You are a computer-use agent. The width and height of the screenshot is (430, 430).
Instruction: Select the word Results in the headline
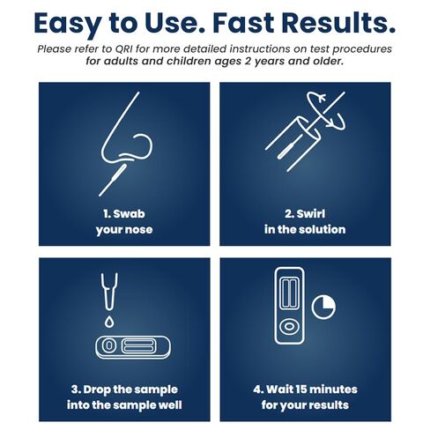tap(346, 21)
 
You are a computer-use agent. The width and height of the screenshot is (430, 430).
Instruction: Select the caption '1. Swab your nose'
tap(123, 221)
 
